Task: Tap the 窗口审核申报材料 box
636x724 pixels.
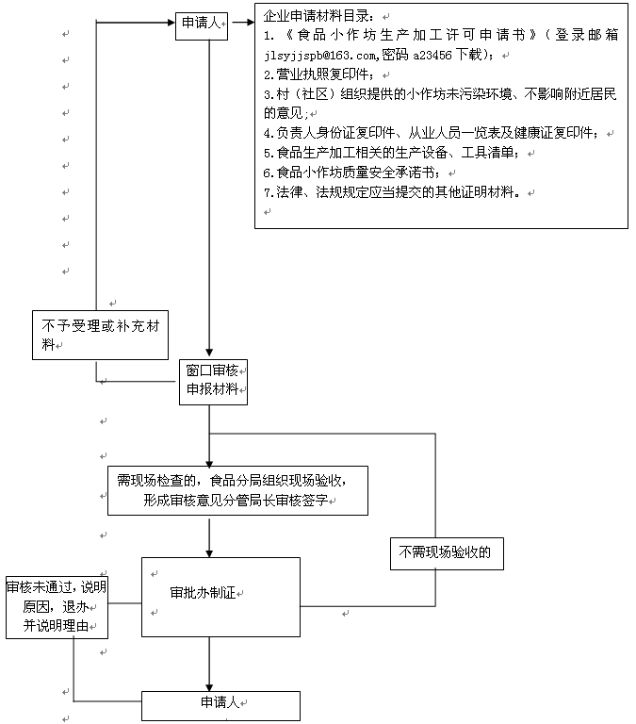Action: [213, 381]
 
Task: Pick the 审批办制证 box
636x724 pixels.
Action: [220, 595]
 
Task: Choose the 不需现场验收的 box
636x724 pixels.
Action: [446, 553]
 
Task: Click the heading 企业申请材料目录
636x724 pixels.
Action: [320, 18]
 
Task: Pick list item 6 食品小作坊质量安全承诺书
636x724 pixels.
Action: [359, 173]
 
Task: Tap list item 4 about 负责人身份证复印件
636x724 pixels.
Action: [438, 133]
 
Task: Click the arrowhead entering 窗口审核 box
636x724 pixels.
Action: [209, 354]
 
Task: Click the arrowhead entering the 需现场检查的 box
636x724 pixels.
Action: [209, 460]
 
